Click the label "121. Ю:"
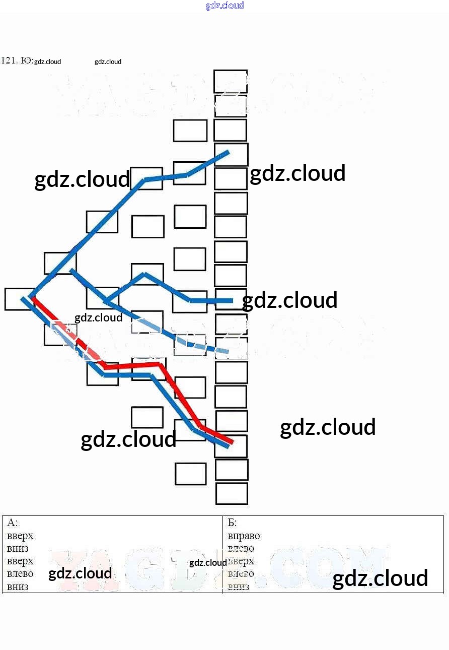coord(17,61)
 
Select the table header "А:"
coord(13,523)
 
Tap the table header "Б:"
coord(232,523)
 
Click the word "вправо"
coord(244,536)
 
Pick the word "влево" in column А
coord(20,573)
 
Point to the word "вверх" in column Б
coord(242,561)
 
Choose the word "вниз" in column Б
coord(238,587)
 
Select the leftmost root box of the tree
coord(19,299)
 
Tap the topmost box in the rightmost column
coord(231,81)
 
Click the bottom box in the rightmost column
coord(232,493)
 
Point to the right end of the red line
coord(232,442)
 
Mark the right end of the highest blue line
coord(228,152)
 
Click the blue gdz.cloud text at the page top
coord(224,6)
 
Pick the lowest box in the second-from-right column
coord(190,474)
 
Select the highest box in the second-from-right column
coord(190,131)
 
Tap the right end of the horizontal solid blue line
coord(232,301)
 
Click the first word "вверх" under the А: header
coord(20,536)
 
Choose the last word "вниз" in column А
coord(18,587)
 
